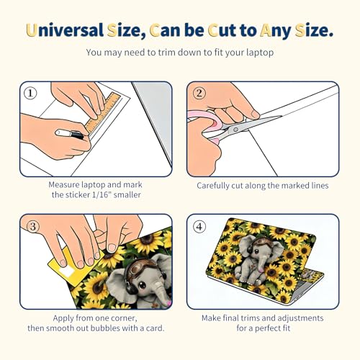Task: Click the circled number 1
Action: [30, 93]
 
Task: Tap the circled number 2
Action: [199, 93]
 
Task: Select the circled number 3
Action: [33, 227]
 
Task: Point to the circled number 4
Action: [199, 227]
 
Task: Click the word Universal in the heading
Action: [65, 30]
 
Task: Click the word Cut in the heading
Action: [222, 30]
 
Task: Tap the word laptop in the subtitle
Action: [260, 53]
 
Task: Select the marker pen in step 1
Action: [69, 134]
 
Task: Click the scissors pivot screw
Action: [235, 130]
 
